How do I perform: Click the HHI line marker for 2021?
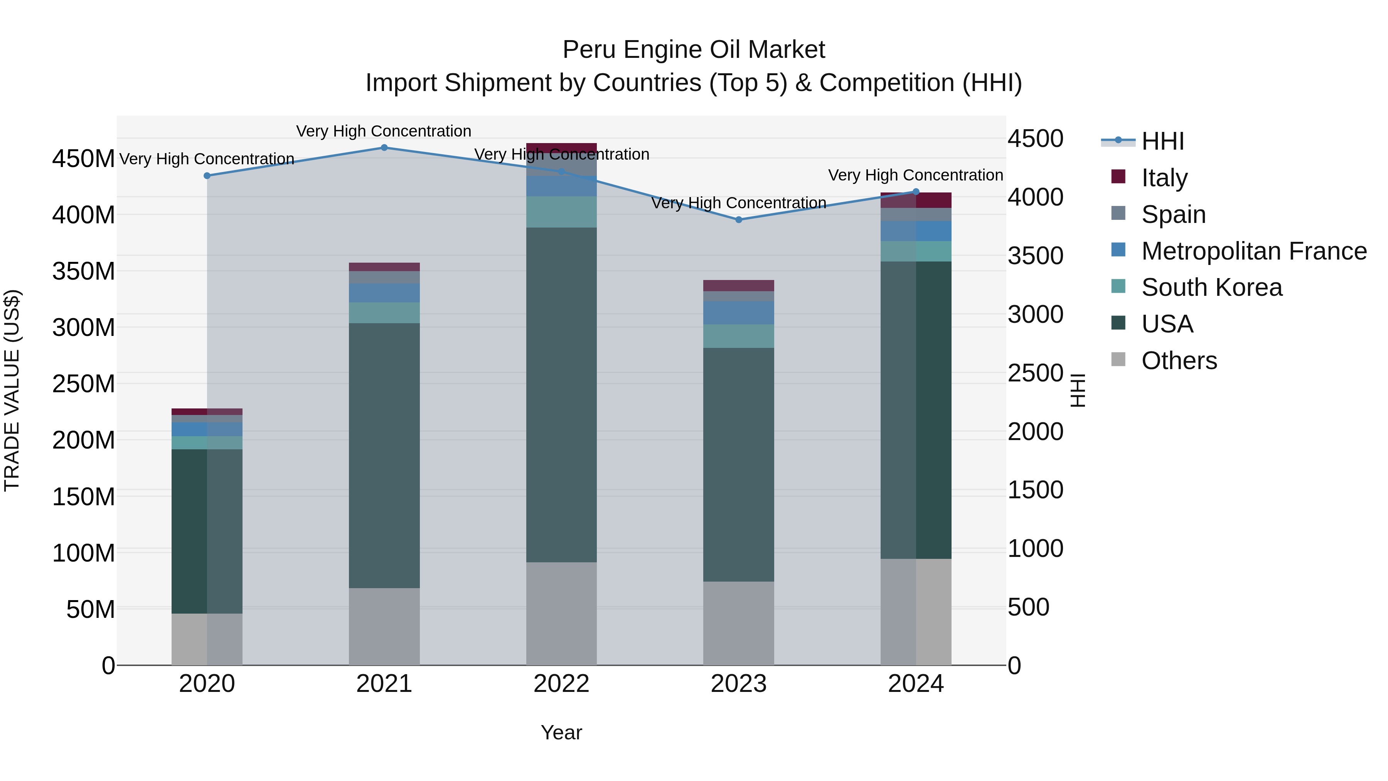pos(384,148)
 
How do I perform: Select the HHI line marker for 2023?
pos(739,220)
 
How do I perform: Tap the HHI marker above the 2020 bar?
pos(207,176)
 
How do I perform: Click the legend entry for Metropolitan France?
pos(1253,251)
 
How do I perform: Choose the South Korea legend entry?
pos(1211,287)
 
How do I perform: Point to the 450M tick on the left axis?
pos(84,159)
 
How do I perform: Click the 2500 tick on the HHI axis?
pos(1035,373)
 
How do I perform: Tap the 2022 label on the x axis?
pos(561,684)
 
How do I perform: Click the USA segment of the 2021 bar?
pos(384,455)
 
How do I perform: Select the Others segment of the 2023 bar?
pos(739,623)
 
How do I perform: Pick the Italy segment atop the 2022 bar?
pos(561,148)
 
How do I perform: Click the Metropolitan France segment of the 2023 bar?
pos(739,313)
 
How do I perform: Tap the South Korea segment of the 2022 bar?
pos(561,212)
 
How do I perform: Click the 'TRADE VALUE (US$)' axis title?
pos(12,390)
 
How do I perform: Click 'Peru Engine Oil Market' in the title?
pos(694,50)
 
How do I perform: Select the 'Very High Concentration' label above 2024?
pos(915,175)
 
